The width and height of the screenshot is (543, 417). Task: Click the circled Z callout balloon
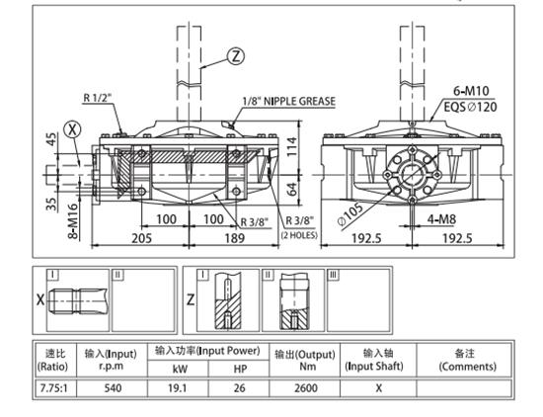point(236,56)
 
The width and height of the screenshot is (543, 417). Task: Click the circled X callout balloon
point(72,129)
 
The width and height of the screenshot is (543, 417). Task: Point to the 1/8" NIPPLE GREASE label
point(289,101)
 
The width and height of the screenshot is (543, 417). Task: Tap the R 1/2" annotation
point(98,98)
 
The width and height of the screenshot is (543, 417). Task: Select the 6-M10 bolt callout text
point(471,91)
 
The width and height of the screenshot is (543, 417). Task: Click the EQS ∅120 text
point(470,107)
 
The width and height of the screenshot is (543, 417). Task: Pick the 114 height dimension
point(291,146)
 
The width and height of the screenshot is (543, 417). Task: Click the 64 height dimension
point(292,189)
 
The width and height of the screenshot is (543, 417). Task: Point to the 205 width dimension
point(141,238)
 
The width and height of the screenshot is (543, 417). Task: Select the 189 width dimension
point(234,238)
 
